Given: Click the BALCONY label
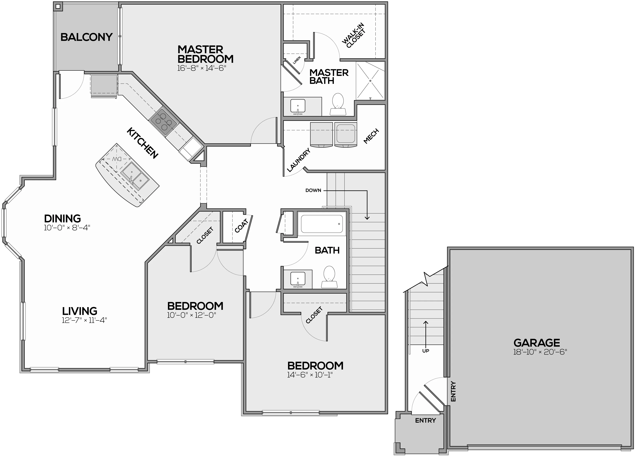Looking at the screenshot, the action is tap(86, 37).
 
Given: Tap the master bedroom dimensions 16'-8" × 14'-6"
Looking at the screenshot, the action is tap(202, 68).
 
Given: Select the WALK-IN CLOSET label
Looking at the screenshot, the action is tap(354, 36).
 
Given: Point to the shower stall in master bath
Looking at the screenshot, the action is tap(370, 81).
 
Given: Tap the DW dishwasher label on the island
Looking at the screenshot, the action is tap(117, 159).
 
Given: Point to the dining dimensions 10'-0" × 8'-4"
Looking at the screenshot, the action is tap(67, 228).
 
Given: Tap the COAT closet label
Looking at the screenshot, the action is tap(241, 226).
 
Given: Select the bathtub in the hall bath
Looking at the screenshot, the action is tap(322, 224).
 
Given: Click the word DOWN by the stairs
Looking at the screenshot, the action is tap(313, 190).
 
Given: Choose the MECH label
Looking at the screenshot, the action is tap(371, 136).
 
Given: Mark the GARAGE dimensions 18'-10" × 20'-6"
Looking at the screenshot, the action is tap(540, 352).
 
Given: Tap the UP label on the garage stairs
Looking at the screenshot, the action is tap(426, 351).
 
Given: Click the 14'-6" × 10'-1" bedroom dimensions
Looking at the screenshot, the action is tap(310, 375).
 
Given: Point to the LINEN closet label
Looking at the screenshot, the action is tap(297, 60).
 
